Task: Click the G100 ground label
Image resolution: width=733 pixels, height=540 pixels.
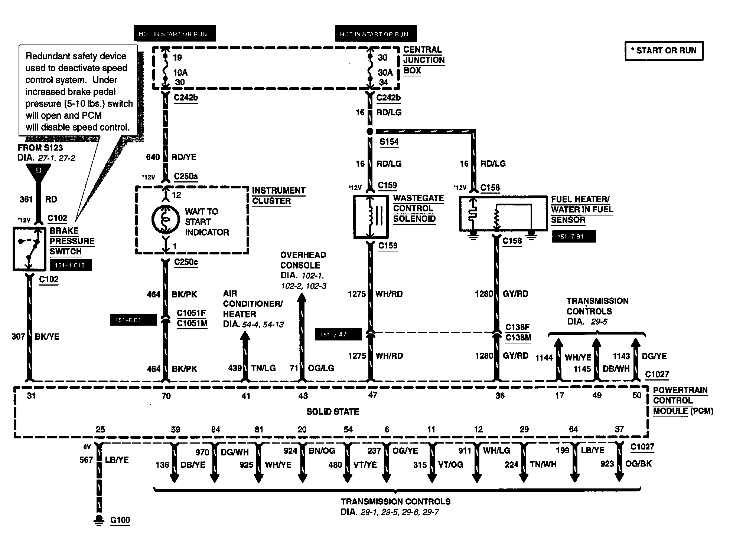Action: coord(120,520)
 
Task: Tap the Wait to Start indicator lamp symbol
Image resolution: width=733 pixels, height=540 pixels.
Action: coord(166,220)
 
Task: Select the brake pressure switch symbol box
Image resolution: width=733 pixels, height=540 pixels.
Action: coord(29,248)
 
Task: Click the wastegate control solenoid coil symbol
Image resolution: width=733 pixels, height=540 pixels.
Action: coord(371,217)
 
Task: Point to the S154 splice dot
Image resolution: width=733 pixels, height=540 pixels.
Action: coord(370,132)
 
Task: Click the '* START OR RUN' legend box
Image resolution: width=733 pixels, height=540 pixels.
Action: coord(664,51)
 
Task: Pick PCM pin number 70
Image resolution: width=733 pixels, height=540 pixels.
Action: coord(166,396)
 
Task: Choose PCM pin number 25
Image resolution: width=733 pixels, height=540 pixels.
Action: coord(100,429)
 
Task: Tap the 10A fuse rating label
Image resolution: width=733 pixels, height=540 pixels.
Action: coord(180,73)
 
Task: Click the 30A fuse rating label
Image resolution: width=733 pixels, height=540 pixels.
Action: coord(385,73)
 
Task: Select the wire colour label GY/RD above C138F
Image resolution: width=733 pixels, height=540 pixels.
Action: coord(515,294)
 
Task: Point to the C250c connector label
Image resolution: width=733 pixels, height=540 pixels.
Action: coord(186,262)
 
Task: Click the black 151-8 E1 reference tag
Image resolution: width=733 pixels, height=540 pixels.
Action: coord(133,320)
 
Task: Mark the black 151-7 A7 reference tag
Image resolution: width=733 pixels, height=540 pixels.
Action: coord(338,335)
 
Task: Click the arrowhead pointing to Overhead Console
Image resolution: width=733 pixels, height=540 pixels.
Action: coord(302,298)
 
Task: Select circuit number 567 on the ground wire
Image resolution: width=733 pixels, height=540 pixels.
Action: coord(86,460)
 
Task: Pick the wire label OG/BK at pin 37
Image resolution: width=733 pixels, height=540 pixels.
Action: coord(639,464)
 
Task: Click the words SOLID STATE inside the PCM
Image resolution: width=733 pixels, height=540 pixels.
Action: coord(333,412)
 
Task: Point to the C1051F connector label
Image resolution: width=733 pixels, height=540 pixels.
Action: coord(191,313)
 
